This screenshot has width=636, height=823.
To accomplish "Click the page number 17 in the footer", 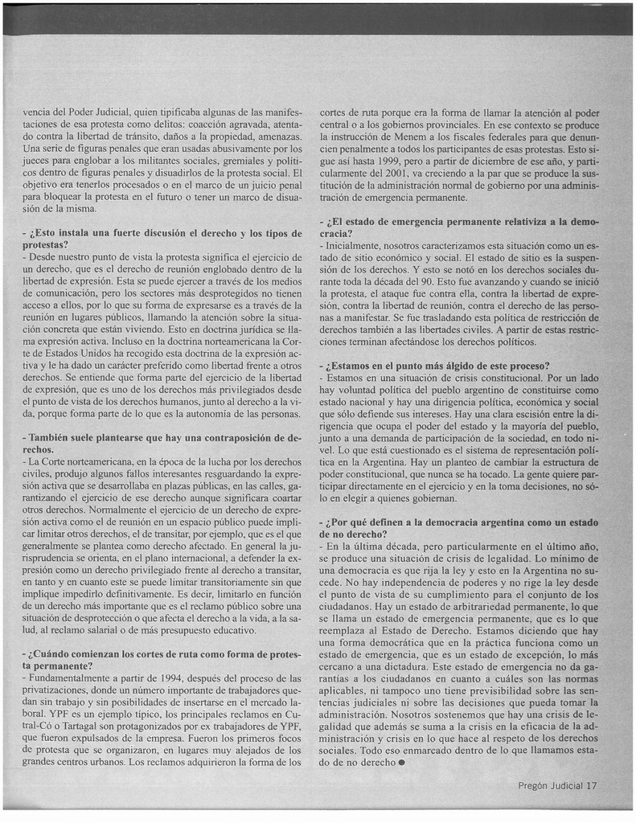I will [591, 786].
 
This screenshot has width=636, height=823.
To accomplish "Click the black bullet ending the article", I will [400, 764].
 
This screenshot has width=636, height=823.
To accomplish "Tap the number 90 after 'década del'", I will [437, 282].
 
